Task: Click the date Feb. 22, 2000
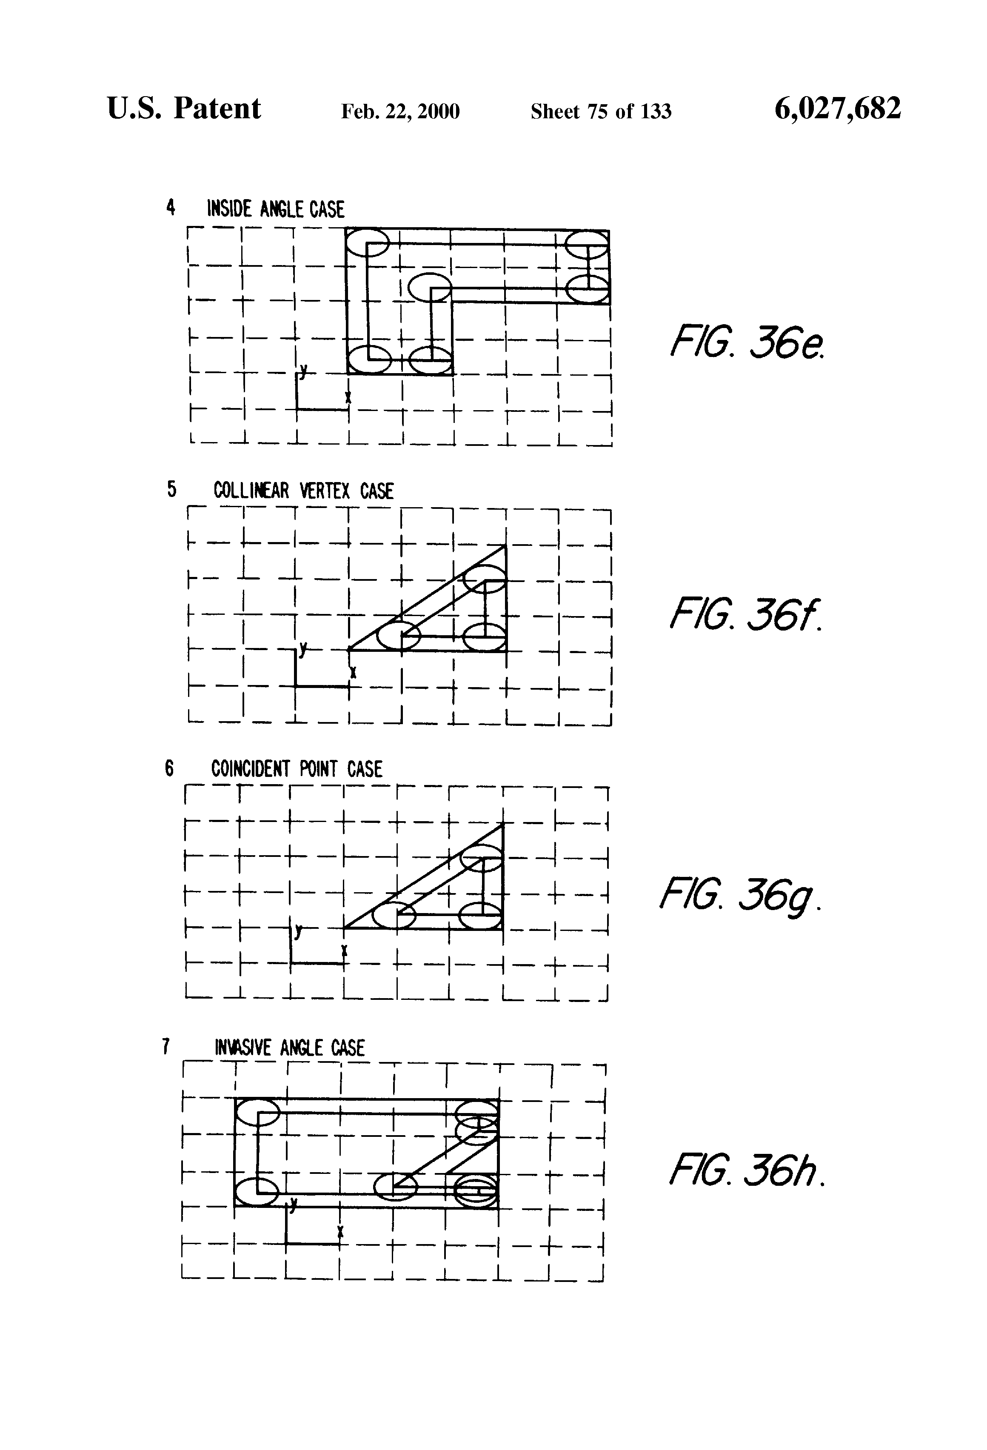click(400, 111)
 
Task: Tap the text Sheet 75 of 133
click(601, 111)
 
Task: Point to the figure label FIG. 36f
click(745, 614)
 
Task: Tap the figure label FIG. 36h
click(747, 1171)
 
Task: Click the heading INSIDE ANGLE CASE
click(275, 209)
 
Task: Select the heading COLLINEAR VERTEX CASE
click(303, 491)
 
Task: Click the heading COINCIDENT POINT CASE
click(297, 769)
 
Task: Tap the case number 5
click(171, 489)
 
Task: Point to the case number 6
click(169, 768)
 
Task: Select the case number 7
click(166, 1046)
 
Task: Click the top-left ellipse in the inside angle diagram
click(368, 242)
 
